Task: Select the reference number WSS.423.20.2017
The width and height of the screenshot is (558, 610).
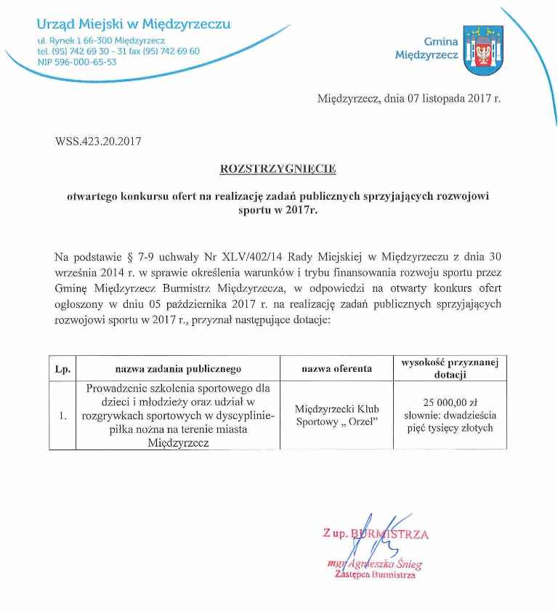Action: click(98, 141)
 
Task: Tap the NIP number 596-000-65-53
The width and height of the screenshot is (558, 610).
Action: click(76, 62)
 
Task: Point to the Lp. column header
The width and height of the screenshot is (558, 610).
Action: click(62, 369)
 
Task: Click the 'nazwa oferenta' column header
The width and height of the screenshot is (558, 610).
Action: click(336, 369)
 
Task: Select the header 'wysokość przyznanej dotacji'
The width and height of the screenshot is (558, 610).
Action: click(450, 368)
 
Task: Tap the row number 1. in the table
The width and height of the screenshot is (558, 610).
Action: click(62, 416)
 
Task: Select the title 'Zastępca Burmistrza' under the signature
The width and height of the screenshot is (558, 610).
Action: click(375, 575)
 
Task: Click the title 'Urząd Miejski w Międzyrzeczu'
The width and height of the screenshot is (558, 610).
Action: click(134, 24)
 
